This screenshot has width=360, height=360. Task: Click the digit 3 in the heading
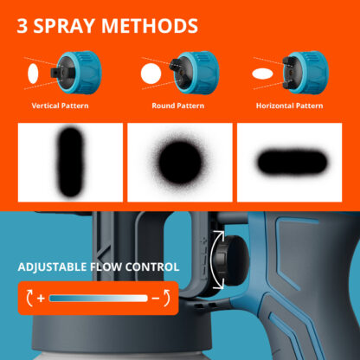(x=22, y=26)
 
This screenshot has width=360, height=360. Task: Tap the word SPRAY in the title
(x=64, y=26)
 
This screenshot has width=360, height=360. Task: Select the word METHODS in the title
(x=150, y=26)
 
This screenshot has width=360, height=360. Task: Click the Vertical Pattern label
(x=60, y=106)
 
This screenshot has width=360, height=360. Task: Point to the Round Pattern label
(x=178, y=106)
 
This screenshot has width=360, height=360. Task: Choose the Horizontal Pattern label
(x=289, y=106)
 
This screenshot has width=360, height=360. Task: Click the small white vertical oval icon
(x=33, y=74)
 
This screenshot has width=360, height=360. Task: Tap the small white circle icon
(x=151, y=74)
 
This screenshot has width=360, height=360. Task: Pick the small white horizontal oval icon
(x=262, y=74)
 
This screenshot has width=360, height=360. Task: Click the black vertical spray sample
(x=70, y=162)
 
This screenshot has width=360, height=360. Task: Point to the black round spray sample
(x=180, y=163)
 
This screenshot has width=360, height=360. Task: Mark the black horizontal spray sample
(x=292, y=162)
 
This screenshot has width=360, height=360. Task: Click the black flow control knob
(x=232, y=260)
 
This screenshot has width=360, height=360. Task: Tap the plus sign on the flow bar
(x=41, y=299)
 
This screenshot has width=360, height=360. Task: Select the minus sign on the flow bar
(x=156, y=299)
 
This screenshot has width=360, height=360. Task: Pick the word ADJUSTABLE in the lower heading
(x=52, y=267)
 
